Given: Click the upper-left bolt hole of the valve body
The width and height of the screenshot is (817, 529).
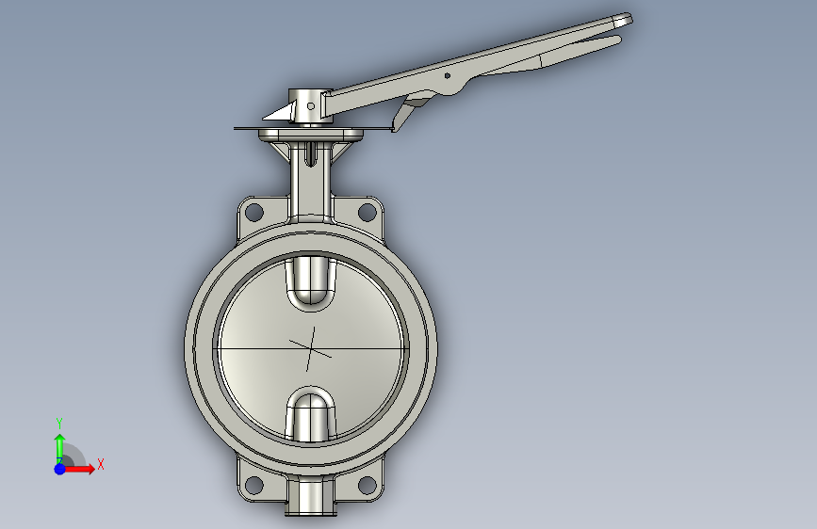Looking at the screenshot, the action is (x=253, y=212).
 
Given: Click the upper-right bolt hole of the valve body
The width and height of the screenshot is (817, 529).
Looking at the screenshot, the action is (x=367, y=212).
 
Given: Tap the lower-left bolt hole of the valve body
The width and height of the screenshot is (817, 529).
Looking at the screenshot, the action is (x=253, y=485).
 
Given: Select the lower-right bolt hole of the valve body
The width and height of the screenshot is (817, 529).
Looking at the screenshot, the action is (x=367, y=485).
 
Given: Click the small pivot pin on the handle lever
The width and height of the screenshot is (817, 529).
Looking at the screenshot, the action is (x=447, y=76).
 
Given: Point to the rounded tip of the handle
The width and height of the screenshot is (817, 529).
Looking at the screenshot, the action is (x=624, y=21).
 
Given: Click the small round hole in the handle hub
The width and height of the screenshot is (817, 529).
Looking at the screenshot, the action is (x=311, y=106).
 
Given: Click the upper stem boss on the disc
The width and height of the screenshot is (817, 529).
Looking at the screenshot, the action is (x=311, y=281).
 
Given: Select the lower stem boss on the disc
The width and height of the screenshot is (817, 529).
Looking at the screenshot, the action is (x=311, y=415).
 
